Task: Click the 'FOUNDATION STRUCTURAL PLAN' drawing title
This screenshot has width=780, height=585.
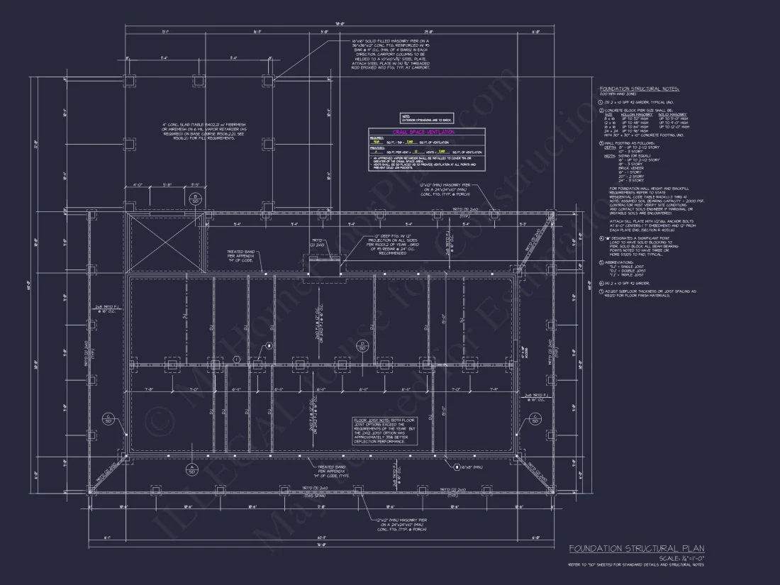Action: click(636, 548)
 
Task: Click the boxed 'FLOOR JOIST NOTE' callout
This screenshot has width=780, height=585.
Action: click(386, 431)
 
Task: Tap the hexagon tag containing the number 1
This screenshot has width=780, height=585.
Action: click(236, 360)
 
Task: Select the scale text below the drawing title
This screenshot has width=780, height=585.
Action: click(681, 558)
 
